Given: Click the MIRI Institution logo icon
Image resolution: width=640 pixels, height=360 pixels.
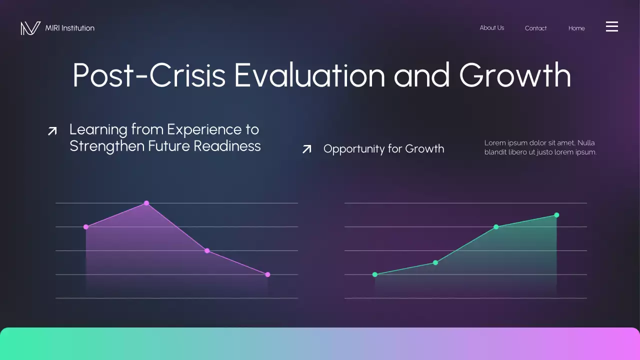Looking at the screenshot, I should (x=30, y=28).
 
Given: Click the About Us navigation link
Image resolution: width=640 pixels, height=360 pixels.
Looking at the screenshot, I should (x=491, y=28).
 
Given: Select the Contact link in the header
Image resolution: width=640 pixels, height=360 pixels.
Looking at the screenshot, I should (x=535, y=28).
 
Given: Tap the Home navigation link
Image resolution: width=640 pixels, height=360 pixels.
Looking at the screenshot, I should (x=576, y=28).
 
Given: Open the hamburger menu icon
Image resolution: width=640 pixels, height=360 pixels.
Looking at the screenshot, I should (x=612, y=26).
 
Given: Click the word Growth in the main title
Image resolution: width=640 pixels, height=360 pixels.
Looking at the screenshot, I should (x=515, y=75).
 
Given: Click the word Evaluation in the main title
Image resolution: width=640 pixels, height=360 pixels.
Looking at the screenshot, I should (x=309, y=75).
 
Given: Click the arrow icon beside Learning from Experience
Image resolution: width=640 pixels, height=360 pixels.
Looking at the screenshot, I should (x=52, y=131).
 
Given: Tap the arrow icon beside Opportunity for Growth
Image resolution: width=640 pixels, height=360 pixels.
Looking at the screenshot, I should (x=307, y=149).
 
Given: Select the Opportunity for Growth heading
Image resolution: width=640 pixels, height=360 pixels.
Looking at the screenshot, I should (x=383, y=149).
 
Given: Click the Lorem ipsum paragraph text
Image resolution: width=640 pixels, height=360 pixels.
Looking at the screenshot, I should (x=540, y=147).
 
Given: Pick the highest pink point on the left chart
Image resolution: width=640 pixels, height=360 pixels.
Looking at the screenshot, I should (x=146, y=203).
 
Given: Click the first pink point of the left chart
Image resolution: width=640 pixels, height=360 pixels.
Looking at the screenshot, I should (x=86, y=227).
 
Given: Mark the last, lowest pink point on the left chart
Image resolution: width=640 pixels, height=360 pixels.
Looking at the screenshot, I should (x=267, y=274).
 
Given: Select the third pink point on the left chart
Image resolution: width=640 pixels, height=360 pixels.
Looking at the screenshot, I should (x=207, y=250).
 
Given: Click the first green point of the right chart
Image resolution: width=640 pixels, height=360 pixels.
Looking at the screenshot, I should (x=375, y=274).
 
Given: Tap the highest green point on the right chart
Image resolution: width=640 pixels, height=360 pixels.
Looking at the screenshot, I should (x=556, y=215).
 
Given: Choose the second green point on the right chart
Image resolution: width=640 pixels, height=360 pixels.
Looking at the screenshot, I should (x=435, y=262).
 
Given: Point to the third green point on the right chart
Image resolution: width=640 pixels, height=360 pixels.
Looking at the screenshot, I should (x=496, y=227).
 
